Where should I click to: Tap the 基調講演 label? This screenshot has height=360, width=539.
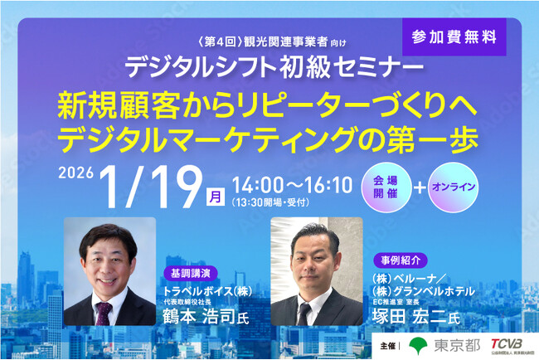pos(191,271)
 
